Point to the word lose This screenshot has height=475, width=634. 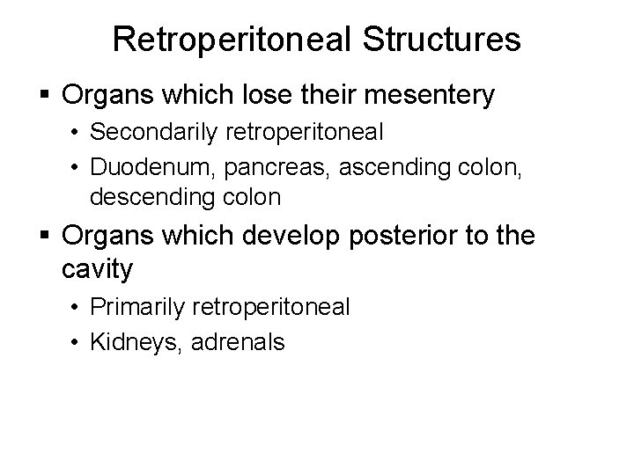[264, 95]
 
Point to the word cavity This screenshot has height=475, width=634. [98, 269]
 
